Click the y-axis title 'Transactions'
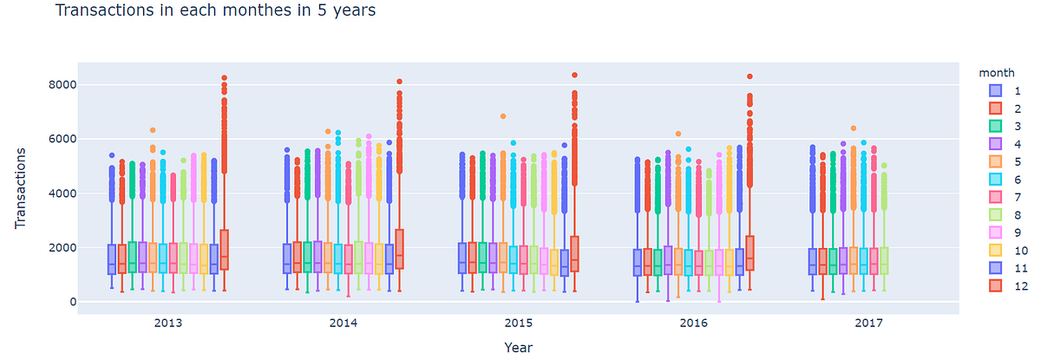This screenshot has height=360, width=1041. pos(21,188)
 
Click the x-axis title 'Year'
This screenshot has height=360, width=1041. pos(519,347)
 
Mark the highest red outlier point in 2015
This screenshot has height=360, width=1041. pos(575,75)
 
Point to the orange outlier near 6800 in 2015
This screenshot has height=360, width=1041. pos(503,116)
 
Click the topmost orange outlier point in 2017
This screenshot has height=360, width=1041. pos(854,128)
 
